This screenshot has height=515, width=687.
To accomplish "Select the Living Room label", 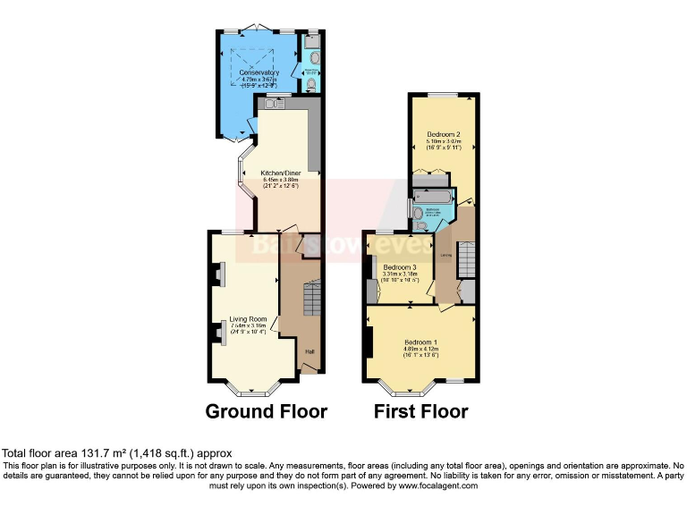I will [248, 318].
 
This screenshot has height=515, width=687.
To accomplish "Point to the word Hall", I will [309, 350].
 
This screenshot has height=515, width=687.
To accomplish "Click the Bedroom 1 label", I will [421, 342].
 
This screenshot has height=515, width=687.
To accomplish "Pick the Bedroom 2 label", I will [444, 134].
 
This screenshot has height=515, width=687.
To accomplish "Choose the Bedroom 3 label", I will [400, 267].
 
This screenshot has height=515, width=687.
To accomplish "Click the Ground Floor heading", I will [267, 412].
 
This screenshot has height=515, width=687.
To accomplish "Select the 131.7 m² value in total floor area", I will [80, 453].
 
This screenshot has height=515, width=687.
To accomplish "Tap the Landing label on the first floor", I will [445, 254].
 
